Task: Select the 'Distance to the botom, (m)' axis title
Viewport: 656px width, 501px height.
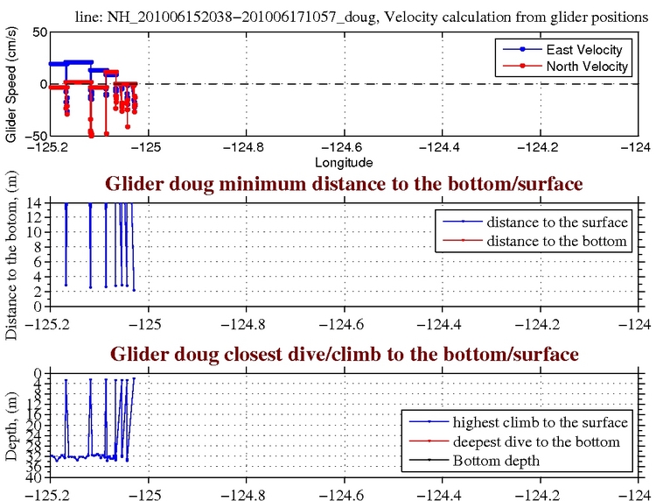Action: (11, 254)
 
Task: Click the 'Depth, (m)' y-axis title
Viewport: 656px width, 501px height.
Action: (11, 426)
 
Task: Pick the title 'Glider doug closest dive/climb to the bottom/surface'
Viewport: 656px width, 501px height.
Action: (345, 355)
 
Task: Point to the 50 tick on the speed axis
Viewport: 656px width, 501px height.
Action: (38, 32)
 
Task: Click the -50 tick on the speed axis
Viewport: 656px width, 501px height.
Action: (34, 136)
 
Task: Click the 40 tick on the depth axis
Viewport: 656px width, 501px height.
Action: (38, 477)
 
